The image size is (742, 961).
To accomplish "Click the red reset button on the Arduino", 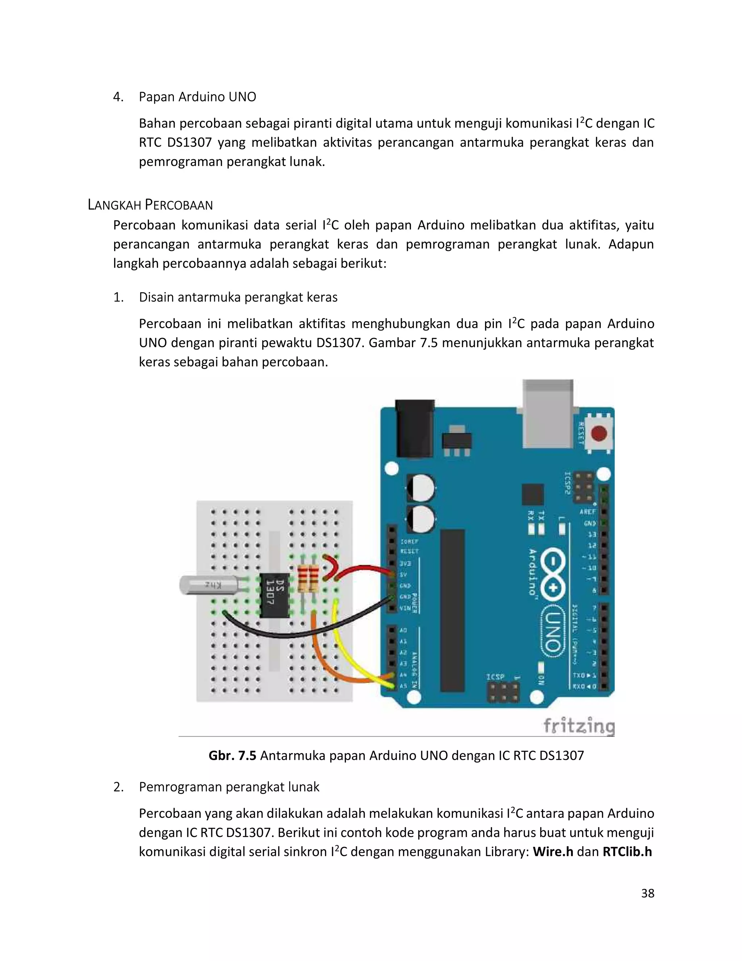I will point(599,433).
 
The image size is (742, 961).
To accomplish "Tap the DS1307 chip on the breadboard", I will point(275,595).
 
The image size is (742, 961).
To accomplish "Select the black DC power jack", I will point(414,429).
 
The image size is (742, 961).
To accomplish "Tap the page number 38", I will point(647,893).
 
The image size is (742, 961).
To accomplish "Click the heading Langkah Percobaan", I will point(150,205).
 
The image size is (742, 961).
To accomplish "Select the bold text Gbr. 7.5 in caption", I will point(232,755).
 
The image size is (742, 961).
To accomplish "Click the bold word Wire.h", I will point(553,851).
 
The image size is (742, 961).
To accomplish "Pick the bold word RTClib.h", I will point(627,851).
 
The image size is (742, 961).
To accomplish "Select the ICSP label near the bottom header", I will point(495,676).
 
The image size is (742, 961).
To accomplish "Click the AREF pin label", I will point(587,512).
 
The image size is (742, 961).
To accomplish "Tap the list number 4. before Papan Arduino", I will point(118,97).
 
